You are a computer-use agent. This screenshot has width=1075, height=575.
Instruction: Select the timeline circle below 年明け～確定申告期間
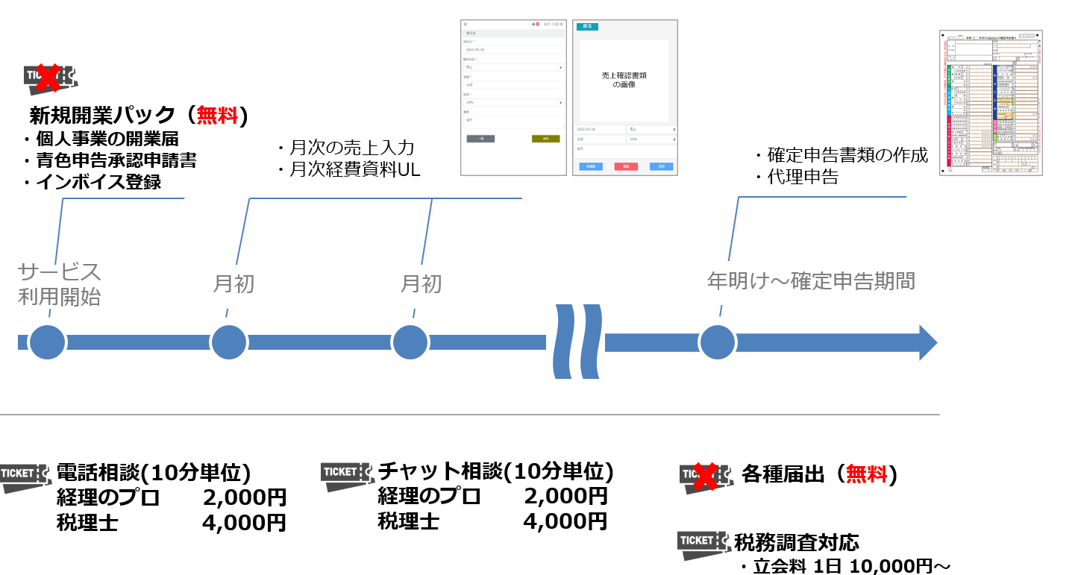click(717, 342)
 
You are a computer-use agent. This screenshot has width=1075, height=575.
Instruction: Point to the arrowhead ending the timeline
click(927, 342)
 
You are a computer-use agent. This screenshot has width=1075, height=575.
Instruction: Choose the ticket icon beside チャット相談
click(347, 476)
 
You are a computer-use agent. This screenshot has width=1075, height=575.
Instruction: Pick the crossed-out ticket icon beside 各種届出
click(705, 477)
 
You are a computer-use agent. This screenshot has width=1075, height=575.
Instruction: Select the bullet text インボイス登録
click(98, 182)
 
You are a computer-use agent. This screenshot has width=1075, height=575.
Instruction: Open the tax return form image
click(991, 103)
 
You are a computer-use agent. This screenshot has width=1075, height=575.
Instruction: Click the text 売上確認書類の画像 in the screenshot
click(624, 81)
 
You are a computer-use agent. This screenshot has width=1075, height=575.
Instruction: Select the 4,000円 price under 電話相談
click(244, 523)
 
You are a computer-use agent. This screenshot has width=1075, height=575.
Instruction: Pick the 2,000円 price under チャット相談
click(565, 496)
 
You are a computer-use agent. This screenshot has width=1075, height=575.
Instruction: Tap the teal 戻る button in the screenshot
click(587, 26)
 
